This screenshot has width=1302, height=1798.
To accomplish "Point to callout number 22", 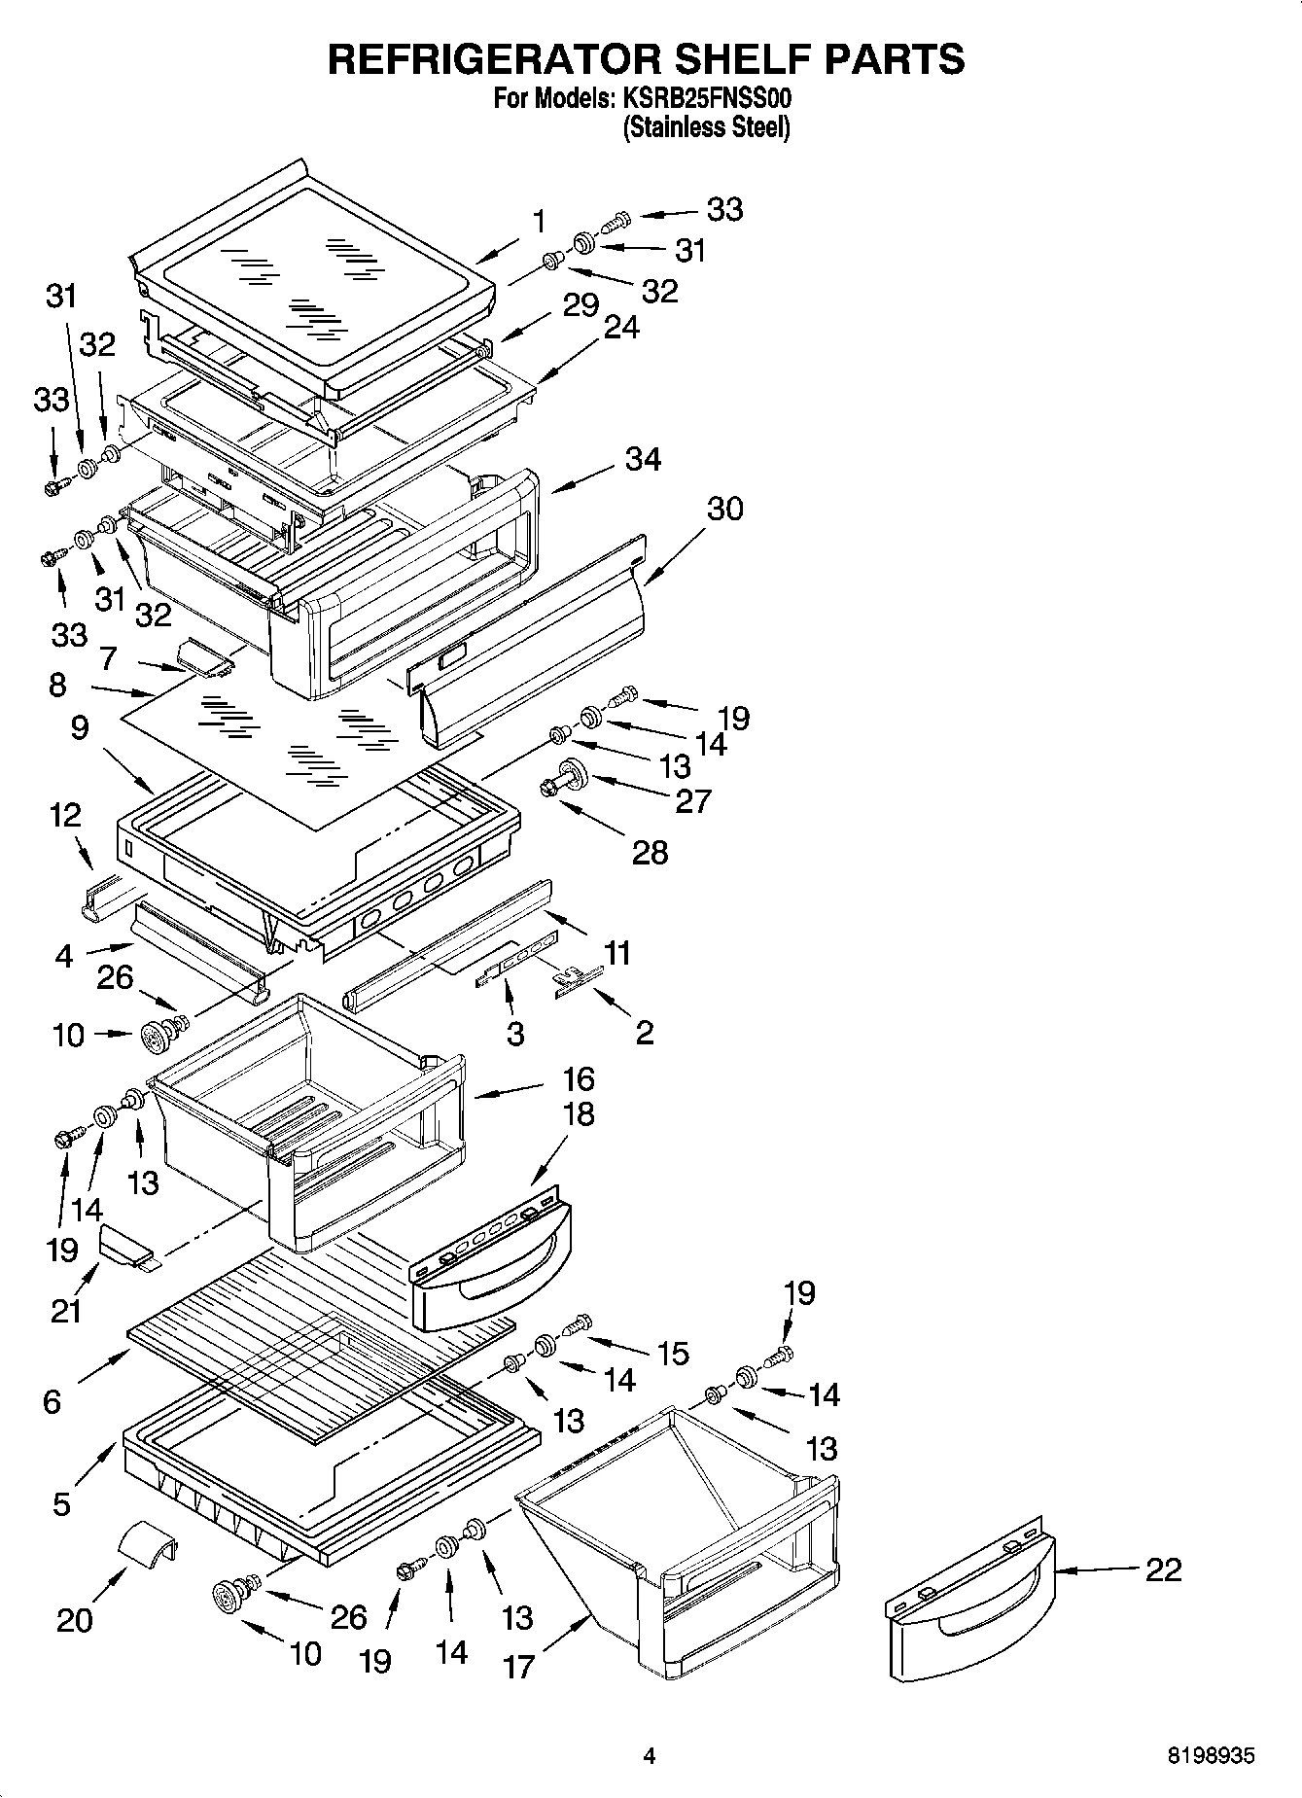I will [x=1163, y=1569].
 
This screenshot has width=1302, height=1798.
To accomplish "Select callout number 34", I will [x=643, y=459].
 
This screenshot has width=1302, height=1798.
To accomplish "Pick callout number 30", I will [x=724, y=508].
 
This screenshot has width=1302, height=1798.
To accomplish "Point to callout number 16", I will [x=578, y=1078].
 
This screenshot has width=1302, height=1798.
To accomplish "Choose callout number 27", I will [x=693, y=800].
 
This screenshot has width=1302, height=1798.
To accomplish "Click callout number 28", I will [x=650, y=853].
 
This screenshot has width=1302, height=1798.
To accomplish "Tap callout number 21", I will [x=66, y=1311].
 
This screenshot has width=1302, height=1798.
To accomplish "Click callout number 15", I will [x=673, y=1353].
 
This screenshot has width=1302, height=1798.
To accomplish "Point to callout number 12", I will [x=66, y=814].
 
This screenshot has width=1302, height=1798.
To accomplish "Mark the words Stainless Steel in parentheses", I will [x=706, y=127].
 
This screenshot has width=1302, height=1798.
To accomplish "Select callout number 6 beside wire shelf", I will [x=53, y=1401].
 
